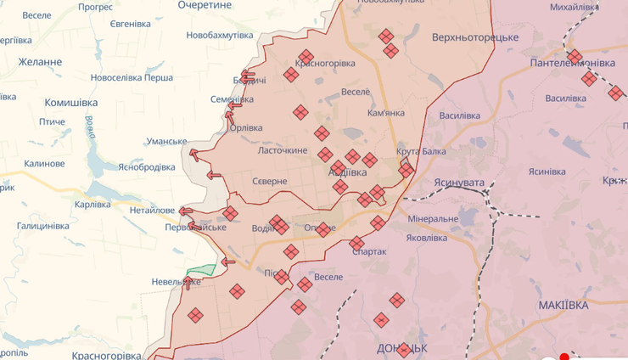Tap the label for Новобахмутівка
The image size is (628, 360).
tap(219, 35)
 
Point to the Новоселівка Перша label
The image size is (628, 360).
tap(132, 77)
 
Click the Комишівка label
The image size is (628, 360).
tap(71, 102)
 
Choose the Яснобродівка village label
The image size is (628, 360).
tap(147, 166)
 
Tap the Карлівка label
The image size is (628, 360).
tap(93, 205)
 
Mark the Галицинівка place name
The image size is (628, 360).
tap(42, 226)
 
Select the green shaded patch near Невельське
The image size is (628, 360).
tap(202, 271)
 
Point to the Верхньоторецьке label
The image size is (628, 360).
tap(474, 38)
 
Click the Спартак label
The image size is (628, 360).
tap(368, 251)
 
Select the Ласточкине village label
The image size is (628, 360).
tap(283, 150)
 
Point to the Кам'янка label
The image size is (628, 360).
tap(386, 113)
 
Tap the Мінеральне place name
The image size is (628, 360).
tap(433, 219)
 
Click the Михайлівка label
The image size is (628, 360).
tap(574, 8)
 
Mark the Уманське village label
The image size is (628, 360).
tap(167, 141)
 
